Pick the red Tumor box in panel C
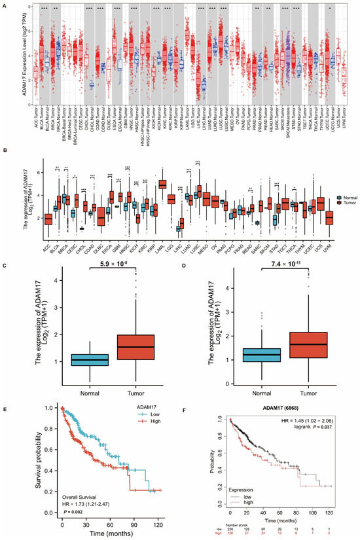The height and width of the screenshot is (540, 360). point(132,346)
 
